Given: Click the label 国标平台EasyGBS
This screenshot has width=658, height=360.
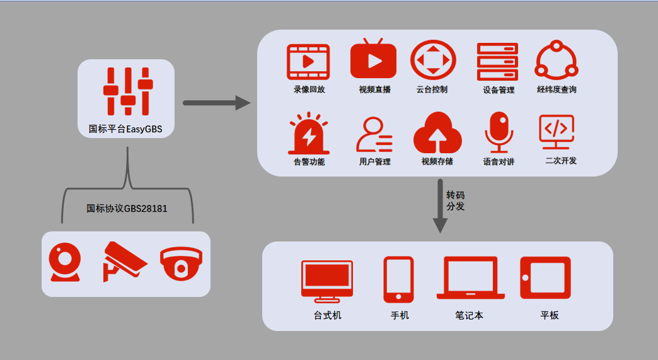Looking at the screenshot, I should [125, 129].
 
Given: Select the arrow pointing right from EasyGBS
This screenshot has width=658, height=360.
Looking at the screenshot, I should [216, 102].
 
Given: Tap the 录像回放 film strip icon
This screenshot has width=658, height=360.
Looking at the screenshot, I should [308, 61].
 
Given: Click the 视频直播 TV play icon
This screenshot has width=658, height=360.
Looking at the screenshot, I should [374, 59].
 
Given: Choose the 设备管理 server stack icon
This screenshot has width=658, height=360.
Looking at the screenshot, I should [497, 61].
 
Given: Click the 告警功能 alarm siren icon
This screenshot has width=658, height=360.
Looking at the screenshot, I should [308, 133].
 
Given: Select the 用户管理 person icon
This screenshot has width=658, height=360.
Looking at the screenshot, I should [374, 134].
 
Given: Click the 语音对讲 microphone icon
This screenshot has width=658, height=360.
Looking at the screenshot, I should [499, 132].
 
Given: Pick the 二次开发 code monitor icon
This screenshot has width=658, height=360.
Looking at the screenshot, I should [557, 131].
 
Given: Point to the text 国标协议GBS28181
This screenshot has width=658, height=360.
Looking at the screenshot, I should [127, 208].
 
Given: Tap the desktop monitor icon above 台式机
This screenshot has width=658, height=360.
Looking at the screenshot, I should [326, 280].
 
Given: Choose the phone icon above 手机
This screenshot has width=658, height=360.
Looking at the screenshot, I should [398, 279].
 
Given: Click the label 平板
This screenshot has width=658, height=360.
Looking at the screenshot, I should [549, 315].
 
